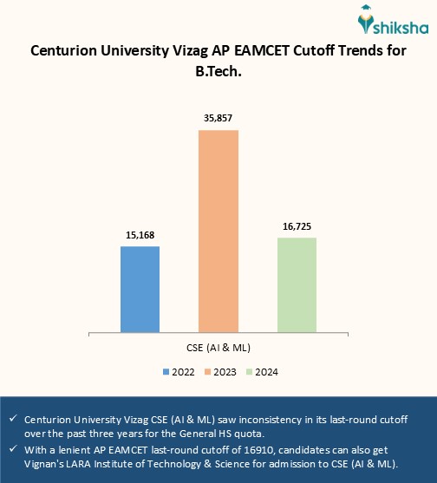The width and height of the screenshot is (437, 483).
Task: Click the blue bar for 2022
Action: pos(140,288)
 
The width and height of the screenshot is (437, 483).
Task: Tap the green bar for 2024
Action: pos(297,284)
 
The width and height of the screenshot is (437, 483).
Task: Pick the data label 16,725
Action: pos(297,226)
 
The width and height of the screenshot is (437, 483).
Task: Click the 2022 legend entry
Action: pos(178,372)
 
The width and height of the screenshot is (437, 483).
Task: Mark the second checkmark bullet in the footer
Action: pos(14,447)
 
